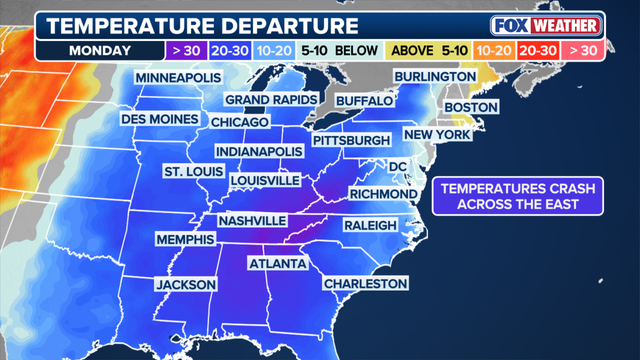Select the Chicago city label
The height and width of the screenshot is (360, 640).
click(x=240, y=122)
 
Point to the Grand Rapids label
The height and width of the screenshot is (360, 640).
click(x=270, y=100)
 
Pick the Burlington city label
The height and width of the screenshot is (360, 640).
click(x=434, y=76)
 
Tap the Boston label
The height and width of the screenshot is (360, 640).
click(x=470, y=107)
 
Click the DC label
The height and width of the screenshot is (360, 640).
click(x=398, y=166)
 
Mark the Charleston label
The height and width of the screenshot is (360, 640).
click(x=366, y=284)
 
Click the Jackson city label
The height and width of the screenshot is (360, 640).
click(x=186, y=285)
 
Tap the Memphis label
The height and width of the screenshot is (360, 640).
click(x=185, y=240)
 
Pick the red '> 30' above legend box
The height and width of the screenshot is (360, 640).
click(x=582, y=49)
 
